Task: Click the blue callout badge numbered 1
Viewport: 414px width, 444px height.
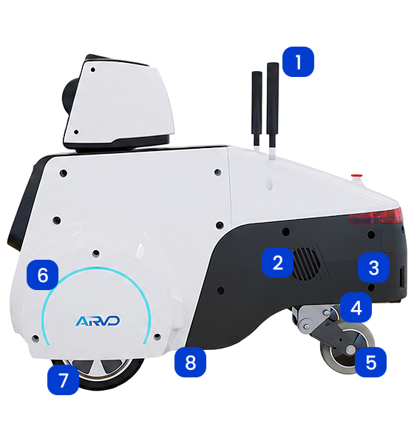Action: (x=298, y=61)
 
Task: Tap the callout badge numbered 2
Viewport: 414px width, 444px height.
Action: (x=277, y=262)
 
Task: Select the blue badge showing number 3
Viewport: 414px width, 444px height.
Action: (x=373, y=267)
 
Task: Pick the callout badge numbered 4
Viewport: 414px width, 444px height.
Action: (x=356, y=308)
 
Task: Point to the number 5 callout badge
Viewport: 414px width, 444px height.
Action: (x=370, y=362)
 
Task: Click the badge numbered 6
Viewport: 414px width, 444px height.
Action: (x=42, y=275)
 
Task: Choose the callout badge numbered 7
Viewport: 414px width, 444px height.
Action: (x=63, y=380)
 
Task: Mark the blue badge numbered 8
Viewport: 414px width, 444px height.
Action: (x=190, y=362)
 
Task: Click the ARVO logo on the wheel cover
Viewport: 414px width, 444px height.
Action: (x=98, y=321)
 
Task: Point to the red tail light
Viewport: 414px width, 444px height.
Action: (x=376, y=216)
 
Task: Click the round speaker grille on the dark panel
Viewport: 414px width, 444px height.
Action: (x=307, y=264)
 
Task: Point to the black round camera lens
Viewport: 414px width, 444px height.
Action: (x=69, y=95)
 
